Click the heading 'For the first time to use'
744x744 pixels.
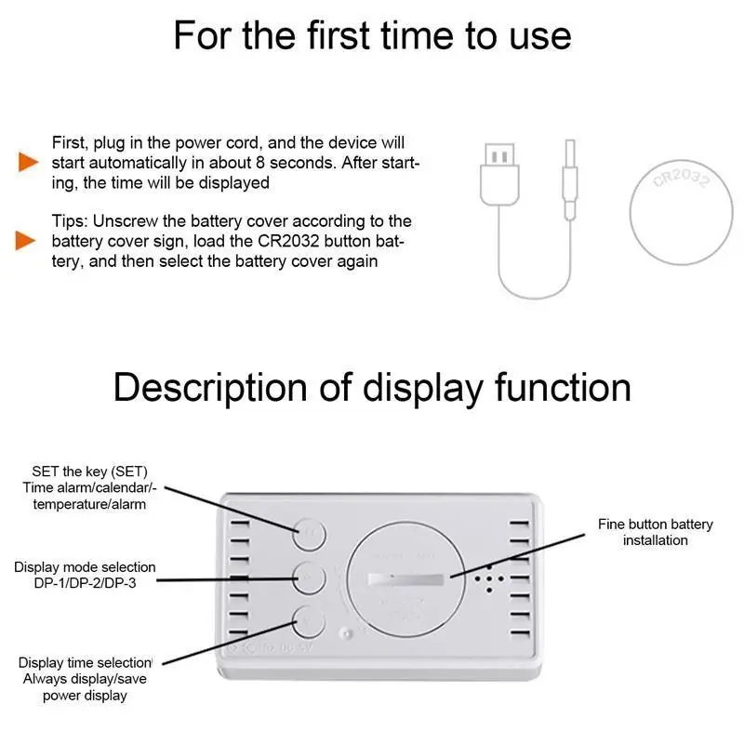tap(372, 35)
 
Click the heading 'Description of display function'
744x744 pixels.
tap(372, 386)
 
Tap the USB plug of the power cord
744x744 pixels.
tap(499, 172)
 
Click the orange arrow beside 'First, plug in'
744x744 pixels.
tap(28, 163)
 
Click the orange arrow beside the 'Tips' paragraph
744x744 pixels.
tap(28, 242)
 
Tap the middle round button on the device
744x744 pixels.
tap(309, 577)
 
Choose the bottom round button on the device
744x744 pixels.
tap(309, 618)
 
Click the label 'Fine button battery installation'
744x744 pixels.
tap(655, 532)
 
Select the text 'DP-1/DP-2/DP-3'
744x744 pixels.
tap(73, 582)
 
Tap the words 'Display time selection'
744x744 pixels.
tap(85, 662)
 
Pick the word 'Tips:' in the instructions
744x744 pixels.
tap(71, 221)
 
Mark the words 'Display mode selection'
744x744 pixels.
tap(85, 566)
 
